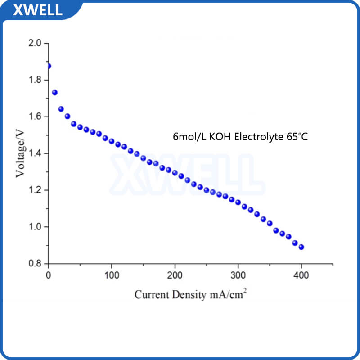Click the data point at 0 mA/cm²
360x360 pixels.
[49, 66]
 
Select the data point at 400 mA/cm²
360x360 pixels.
[301, 247]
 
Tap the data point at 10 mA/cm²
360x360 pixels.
[55, 92]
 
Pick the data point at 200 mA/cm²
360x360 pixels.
[175, 173]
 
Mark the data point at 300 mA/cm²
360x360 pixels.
[238, 202]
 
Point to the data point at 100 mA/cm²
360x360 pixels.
[112, 141]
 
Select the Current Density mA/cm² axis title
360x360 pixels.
[191, 295]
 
